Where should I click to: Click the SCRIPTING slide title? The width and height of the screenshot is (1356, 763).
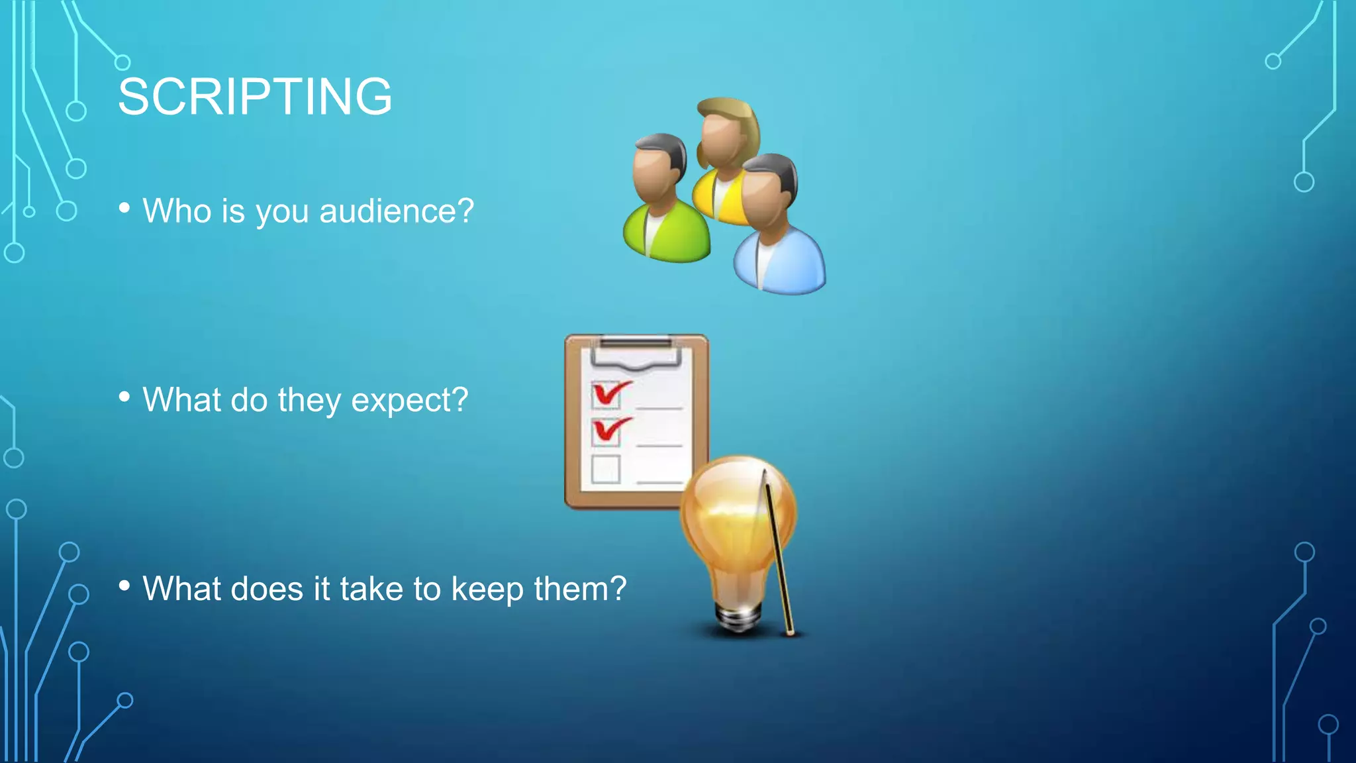(255, 97)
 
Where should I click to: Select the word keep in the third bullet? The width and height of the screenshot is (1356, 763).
(487, 589)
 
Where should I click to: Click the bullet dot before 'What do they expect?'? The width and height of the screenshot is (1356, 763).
(124, 397)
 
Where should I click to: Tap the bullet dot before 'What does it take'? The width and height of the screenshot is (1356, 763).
(124, 585)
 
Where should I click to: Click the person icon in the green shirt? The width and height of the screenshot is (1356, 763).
(664, 205)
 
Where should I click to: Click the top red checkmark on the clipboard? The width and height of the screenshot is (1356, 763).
(609, 393)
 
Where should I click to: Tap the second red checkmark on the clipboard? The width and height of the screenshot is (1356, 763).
(609, 430)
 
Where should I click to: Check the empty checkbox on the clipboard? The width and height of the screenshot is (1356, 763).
(605, 468)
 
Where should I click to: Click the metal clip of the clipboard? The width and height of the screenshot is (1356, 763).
(636, 351)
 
